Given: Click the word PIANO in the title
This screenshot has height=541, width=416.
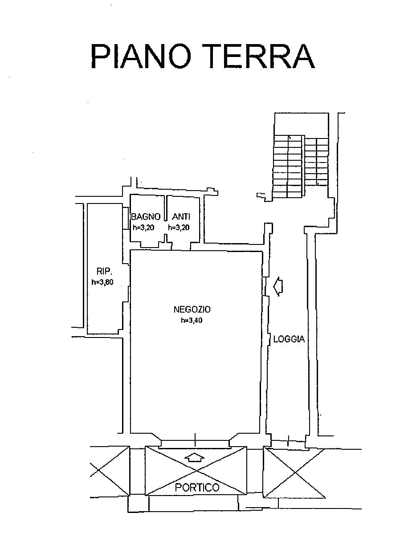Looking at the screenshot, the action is click(141, 56).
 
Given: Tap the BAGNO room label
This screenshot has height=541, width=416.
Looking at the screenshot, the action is click(146, 217).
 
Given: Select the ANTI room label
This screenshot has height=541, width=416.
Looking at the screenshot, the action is click(181, 217).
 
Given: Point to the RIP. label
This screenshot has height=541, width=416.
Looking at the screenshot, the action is click(103, 271).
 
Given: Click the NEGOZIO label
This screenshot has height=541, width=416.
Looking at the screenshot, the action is click(192, 309).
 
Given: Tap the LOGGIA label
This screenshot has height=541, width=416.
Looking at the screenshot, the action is click(289, 339).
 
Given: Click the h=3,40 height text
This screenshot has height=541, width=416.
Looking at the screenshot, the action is click(192, 321).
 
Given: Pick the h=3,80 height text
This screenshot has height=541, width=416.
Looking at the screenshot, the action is click(102, 282).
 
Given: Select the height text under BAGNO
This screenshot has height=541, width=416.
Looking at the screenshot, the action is click(144, 227).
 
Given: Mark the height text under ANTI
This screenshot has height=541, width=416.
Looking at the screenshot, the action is click(179, 227).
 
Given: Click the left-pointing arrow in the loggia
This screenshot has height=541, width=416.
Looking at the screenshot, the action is click(278, 286).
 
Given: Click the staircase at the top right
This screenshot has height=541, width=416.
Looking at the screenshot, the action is click(301, 167).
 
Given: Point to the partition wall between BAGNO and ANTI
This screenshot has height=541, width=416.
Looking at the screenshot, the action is click(166, 208).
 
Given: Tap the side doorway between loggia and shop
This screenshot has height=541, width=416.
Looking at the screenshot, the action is click(265, 286).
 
